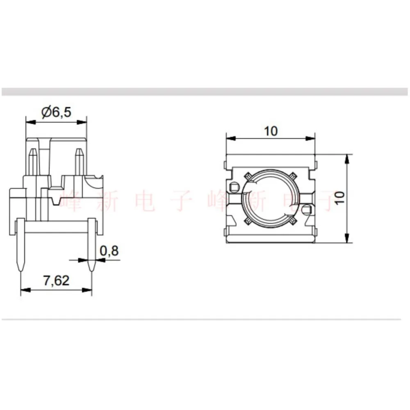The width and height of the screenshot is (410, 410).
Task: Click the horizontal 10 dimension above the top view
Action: tap(271, 131)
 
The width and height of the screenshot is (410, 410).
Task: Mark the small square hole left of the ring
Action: tap(234, 187)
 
